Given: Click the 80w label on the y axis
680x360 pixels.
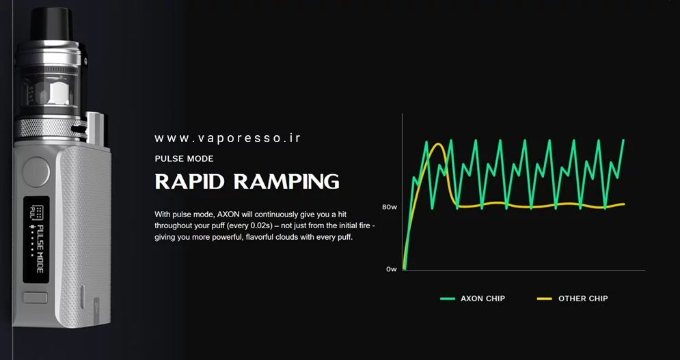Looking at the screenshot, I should tap(390, 206).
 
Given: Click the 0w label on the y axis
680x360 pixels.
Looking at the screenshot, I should tap(391, 269).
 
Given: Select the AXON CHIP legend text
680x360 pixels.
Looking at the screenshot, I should tap(482, 299).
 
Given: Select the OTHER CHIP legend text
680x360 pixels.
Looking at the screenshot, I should tap(583, 299).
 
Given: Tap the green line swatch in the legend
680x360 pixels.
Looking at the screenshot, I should tap(448, 299).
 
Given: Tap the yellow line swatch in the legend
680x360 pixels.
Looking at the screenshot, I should tap(545, 299).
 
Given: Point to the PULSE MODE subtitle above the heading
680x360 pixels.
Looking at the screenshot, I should tap(184, 158).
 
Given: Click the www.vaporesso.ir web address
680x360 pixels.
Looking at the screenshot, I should tap(228, 138).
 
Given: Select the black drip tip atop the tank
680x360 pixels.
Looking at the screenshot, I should tap(50, 14).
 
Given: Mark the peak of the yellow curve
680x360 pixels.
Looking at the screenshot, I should tap(437, 144).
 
